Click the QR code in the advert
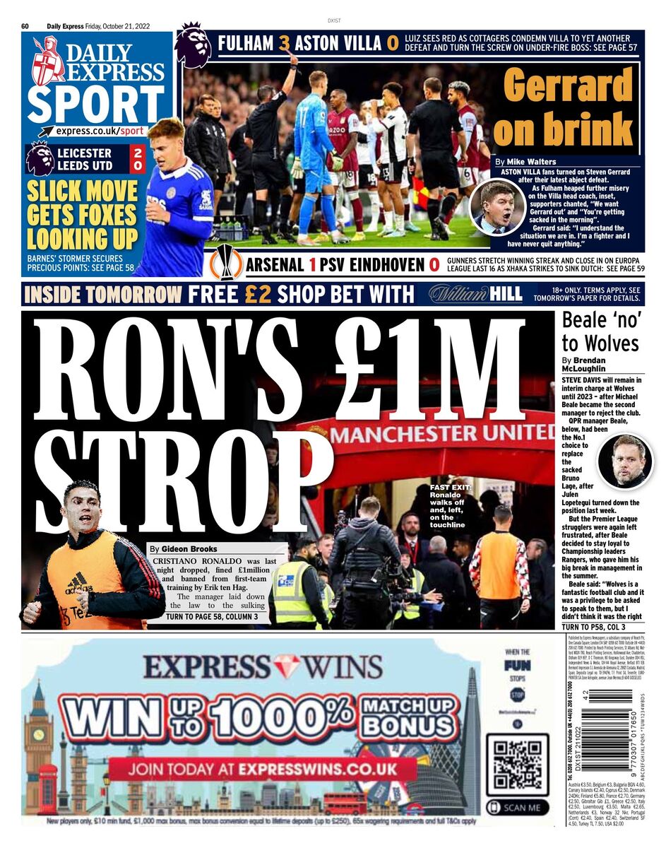(x=517, y=765)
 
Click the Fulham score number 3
(x=285, y=44)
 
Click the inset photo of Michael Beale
(x=625, y=461)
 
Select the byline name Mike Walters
(x=535, y=162)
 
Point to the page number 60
(x=25, y=26)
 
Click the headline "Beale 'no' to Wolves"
(x=600, y=332)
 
